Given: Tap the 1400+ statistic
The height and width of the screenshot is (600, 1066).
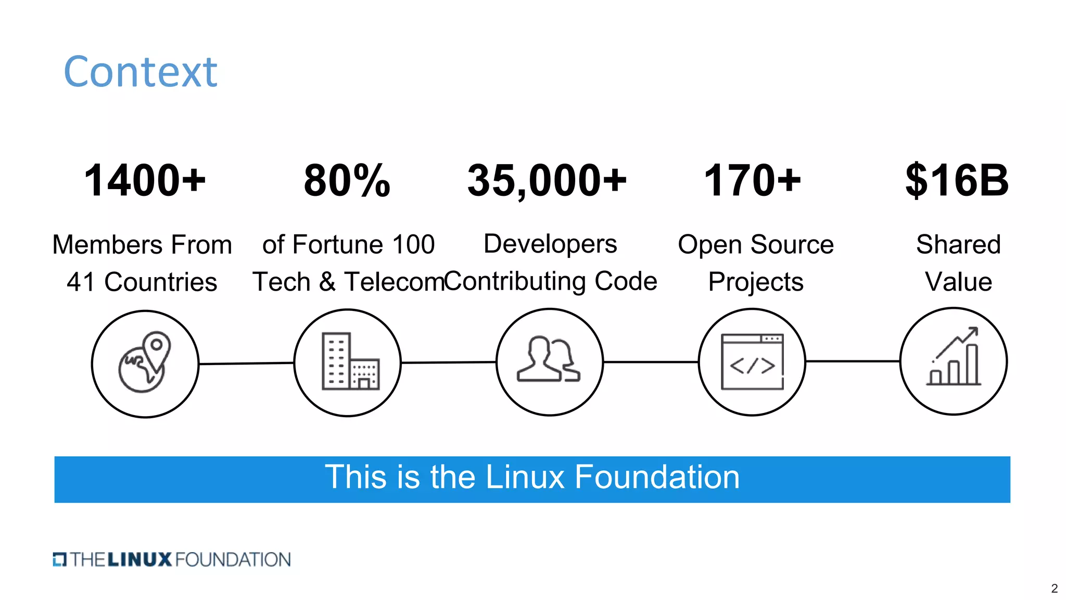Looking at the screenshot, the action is click(x=145, y=180).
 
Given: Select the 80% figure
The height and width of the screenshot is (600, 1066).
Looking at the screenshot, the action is click(x=347, y=180).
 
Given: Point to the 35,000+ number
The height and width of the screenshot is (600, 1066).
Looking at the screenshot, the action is click(x=547, y=180).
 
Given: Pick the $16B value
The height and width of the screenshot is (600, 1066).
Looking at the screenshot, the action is click(x=957, y=180).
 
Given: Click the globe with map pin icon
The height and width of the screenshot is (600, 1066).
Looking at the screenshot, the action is click(x=145, y=363).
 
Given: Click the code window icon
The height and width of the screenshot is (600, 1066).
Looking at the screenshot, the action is click(x=752, y=361).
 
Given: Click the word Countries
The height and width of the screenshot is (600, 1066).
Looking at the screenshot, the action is click(x=160, y=282).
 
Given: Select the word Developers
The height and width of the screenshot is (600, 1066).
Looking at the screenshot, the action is click(x=550, y=244).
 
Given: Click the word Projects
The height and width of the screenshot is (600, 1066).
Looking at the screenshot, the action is click(x=756, y=282).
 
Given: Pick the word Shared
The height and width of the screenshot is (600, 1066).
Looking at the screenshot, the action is click(x=958, y=245).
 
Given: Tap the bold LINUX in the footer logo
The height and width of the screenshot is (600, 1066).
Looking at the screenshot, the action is click(x=139, y=560).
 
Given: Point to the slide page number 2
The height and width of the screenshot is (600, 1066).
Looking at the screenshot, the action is click(x=1054, y=589).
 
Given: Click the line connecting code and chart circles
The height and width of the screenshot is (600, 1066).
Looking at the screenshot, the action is click(x=853, y=361).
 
